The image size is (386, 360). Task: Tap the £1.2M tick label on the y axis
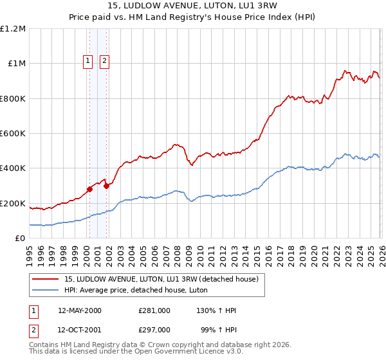[x=13, y=29]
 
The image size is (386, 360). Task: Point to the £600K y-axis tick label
[x=13, y=134]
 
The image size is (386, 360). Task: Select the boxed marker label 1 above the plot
[x=87, y=62]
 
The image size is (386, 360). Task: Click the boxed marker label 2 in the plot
[x=104, y=62]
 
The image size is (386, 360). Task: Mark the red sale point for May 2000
[x=90, y=189]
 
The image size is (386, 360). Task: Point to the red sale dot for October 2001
[x=106, y=186]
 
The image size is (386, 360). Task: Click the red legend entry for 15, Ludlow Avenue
[x=161, y=279]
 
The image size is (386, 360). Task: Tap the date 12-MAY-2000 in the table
[x=80, y=310]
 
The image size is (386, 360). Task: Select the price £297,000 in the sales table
[x=154, y=329]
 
